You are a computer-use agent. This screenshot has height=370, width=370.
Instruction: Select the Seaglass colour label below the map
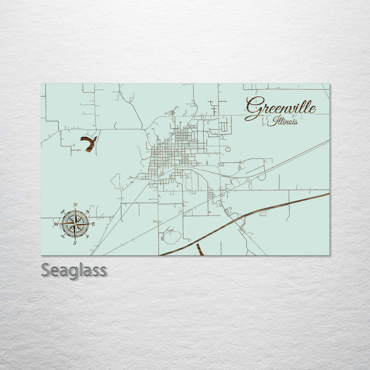click(74, 270)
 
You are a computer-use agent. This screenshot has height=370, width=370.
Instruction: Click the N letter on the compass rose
click(75, 205)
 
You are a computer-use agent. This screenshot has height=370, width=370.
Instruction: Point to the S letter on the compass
click(75, 242)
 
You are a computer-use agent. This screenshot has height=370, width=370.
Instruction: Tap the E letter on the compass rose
click(93, 224)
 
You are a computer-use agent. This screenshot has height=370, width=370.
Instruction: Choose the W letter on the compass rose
click(56, 224)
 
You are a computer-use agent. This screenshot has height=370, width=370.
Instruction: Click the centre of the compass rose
click(75, 224)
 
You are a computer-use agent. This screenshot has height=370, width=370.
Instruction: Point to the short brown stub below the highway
click(200, 250)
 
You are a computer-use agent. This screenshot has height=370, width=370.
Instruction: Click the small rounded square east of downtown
click(228, 149)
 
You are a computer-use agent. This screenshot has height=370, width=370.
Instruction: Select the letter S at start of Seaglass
click(46, 270)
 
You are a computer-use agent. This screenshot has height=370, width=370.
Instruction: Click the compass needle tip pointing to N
click(75, 210)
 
